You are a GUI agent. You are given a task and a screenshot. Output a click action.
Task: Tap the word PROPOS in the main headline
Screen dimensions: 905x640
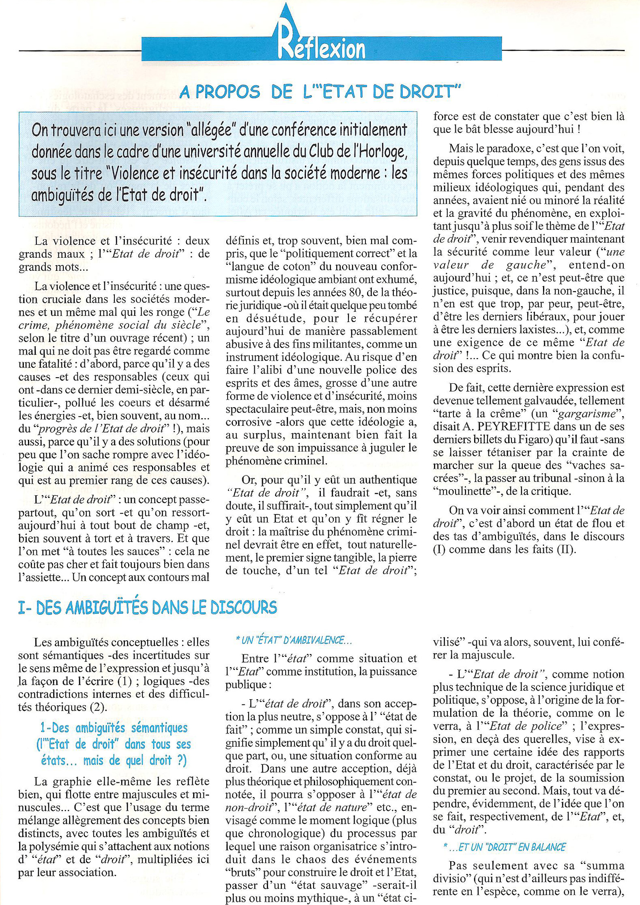227,92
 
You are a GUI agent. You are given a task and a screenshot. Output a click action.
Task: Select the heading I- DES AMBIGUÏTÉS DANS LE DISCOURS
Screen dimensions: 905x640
148,607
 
